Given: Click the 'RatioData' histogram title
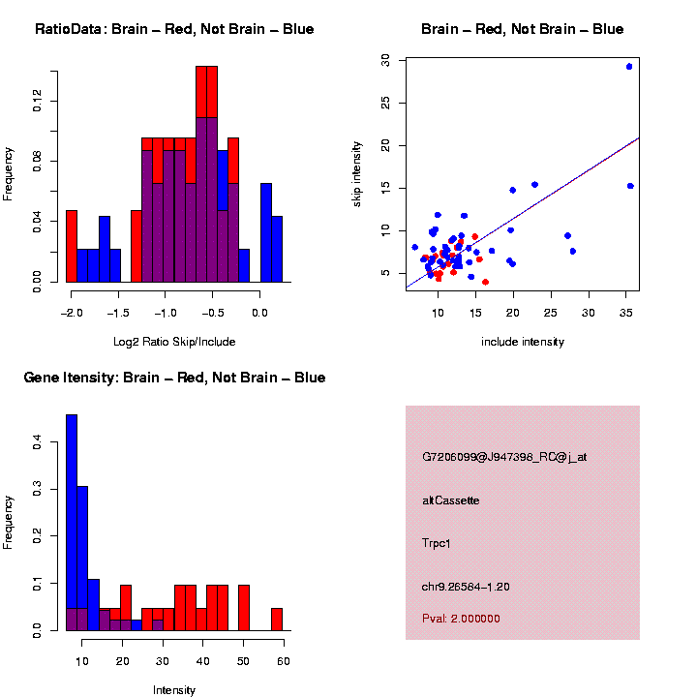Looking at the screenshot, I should pyautogui.click(x=174, y=29).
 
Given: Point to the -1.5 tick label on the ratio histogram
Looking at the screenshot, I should pyautogui.click(x=117, y=314).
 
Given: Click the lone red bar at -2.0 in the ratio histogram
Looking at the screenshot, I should pyautogui.click(x=72, y=246).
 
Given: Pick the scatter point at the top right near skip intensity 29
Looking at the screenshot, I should pyautogui.click(x=629, y=67).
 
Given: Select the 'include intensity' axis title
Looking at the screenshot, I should pyautogui.click(x=523, y=342).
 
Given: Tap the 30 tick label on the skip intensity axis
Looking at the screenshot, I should pyautogui.click(x=385, y=60).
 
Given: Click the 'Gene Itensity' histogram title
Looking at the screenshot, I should pyautogui.click(x=174, y=378).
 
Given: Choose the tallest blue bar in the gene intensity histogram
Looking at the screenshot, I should pyautogui.click(x=72, y=523).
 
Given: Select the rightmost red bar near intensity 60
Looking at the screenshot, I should pyautogui.click(x=277, y=619).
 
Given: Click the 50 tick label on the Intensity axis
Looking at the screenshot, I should pyautogui.click(x=243, y=662).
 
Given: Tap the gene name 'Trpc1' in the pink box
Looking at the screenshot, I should pyautogui.click(x=437, y=543).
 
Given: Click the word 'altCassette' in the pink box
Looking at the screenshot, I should pyautogui.click(x=451, y=500).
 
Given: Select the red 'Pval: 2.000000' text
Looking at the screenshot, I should pyautogui.click(x=461, y=619).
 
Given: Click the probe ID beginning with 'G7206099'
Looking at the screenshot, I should pyautogui.click(x=504, y=457).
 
